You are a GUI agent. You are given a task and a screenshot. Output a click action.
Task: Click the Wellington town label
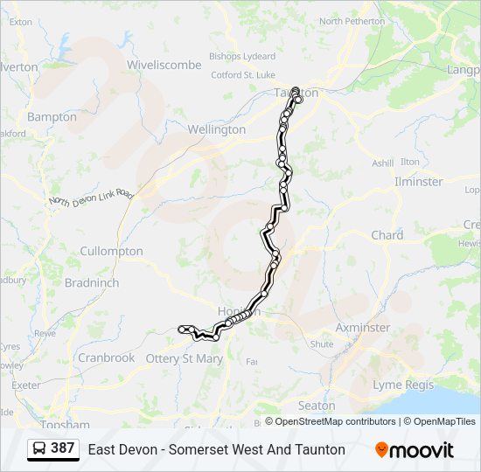[x=216, y=129]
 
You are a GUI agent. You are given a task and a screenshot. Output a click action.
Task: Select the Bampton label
[x=52, y=116]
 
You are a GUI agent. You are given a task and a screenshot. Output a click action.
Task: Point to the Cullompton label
[x=111, y=251]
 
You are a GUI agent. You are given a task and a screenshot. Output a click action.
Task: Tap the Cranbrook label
[x=106, y=357]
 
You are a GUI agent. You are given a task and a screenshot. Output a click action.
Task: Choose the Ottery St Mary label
[x=185, y=358]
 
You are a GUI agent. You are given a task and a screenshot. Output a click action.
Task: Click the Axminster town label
[x=363, y=328]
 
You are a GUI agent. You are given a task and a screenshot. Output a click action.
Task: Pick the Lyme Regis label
[x=402, y=385]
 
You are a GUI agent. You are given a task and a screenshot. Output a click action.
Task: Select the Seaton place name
[x=316, y=406]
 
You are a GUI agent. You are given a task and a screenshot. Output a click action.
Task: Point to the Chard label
[x=387, y=235]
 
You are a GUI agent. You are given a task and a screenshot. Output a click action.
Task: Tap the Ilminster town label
[x=418, y=182]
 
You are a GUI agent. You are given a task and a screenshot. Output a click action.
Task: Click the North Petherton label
[x=352, y=21]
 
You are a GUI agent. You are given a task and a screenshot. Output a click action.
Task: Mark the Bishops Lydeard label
[x=242, y=56]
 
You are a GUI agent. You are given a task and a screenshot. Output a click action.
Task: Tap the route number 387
[x=62, y=448]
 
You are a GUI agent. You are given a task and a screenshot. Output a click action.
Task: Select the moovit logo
[x=414, y=450]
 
